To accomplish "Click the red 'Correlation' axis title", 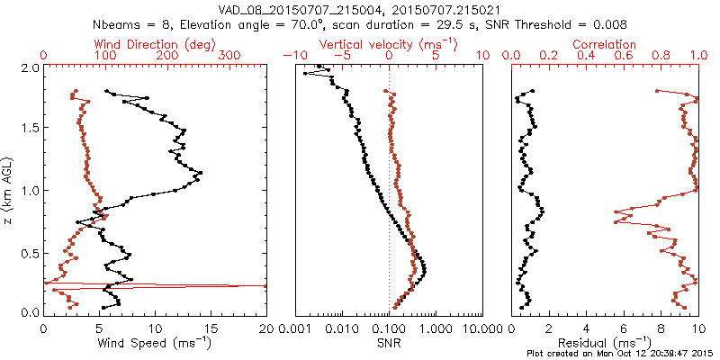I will click(x=605, y=44).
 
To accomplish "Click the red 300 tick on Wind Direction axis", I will click(x=229, y=56).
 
